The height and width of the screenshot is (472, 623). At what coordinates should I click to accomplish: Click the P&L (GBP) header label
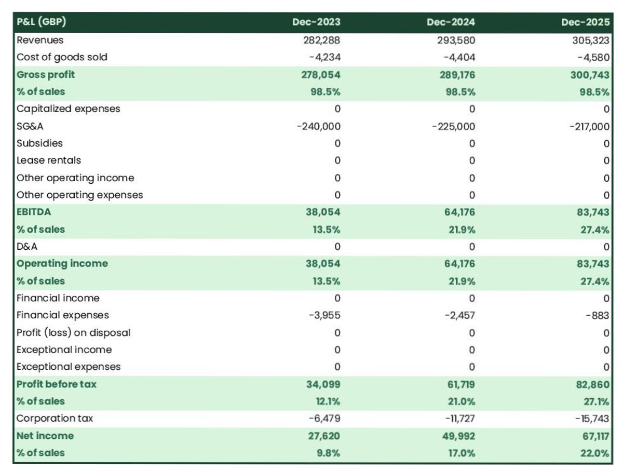(x=42, y=22)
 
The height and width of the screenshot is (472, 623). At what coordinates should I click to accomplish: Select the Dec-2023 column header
(x=317, y=22)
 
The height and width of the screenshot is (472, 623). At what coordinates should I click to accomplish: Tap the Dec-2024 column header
(x=451, y=22)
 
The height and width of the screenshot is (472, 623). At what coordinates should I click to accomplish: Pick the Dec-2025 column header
(x=585, y=22)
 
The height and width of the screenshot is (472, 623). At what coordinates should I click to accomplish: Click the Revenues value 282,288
(x=322, y=40)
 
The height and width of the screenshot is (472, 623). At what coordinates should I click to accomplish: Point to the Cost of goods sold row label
(x=62, y=57)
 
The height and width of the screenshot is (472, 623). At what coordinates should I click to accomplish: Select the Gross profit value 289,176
(x=456, y=74)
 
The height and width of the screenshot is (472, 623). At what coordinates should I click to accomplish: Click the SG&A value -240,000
(x=318, y=126)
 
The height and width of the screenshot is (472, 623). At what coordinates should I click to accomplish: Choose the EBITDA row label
(x=34, y=212)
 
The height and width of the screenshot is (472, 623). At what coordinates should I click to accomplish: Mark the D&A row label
(x=27, y=246)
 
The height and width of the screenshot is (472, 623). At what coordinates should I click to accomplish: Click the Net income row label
(x=45, y=436)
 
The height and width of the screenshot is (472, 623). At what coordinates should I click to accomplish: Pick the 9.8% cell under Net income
(x=329, y=453)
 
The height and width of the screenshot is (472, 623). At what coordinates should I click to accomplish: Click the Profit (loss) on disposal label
(x=73, y=332)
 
